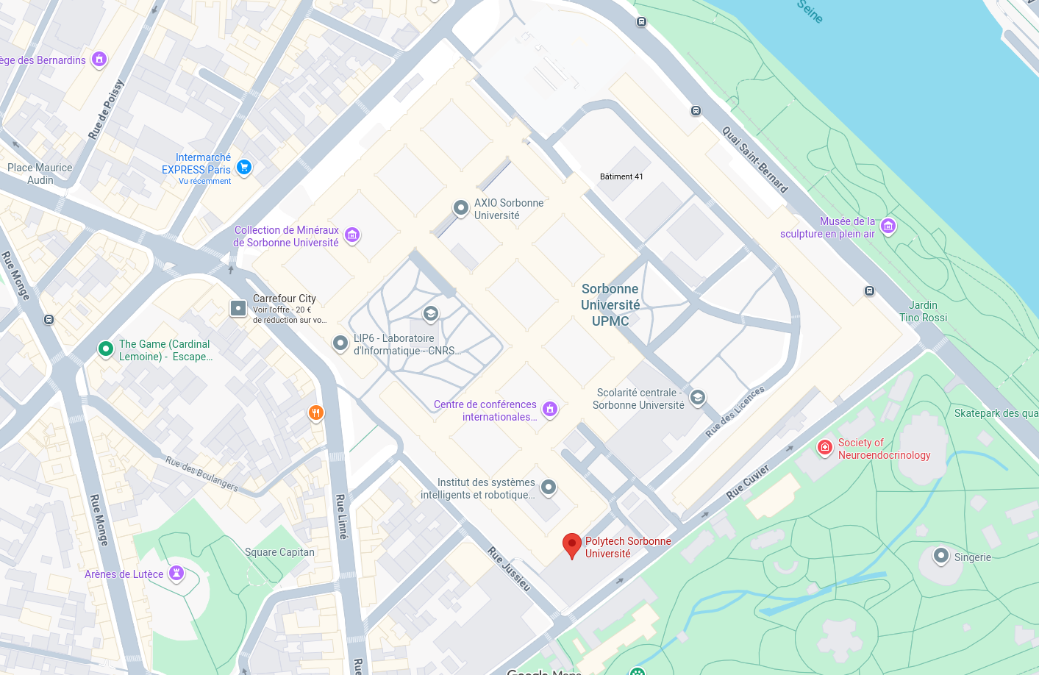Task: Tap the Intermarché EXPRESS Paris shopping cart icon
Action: (244, 168)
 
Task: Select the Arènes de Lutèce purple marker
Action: (176, 573)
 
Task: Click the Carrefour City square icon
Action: (238, 308)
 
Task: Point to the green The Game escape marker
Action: (106, 349)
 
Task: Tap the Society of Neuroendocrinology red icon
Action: (825, 447)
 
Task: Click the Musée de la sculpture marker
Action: (888, 226)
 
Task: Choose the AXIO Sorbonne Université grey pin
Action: (460, 208)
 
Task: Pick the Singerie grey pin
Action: (940, 555)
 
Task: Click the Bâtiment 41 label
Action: (621, 176)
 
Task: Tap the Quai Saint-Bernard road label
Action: (754, 160)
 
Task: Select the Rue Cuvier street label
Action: (747, 482)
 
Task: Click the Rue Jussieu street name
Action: (509, 568)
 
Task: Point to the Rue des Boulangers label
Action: (201, 473)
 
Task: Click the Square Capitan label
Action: (279, 552)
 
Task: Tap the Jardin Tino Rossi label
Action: (924, 311)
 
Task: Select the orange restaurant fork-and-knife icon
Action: (315, 413)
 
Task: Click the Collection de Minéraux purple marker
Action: (352, 235)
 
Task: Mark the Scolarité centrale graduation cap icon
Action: (698, 398)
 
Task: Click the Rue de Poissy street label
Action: (106, 110)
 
